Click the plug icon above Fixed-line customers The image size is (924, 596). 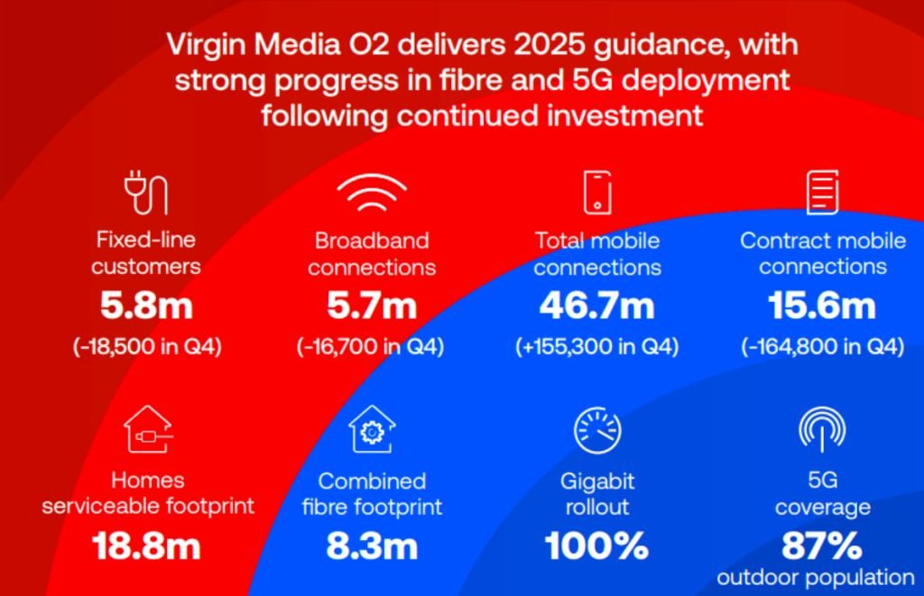click(145, 193)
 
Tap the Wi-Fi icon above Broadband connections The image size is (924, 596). click(371, 192)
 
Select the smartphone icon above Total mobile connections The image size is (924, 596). click(597, 192)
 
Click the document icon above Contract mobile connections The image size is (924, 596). click(822, 192)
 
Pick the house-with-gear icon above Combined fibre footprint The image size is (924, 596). click(372, 429)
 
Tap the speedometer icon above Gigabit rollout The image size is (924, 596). click(597, 431)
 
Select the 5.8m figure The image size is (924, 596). click(146, 307)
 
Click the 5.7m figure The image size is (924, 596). click(371, 307)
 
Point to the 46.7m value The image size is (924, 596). click(597, 307)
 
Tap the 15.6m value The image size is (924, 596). click(822, 307)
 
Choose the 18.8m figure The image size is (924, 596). click(146, 546)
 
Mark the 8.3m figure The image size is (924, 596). click(372, 546)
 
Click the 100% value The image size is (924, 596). click(597, 546)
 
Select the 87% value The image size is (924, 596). click(822, 546)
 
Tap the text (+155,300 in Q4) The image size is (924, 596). click(597, 347)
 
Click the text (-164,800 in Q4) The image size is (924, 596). click(822, 347)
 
